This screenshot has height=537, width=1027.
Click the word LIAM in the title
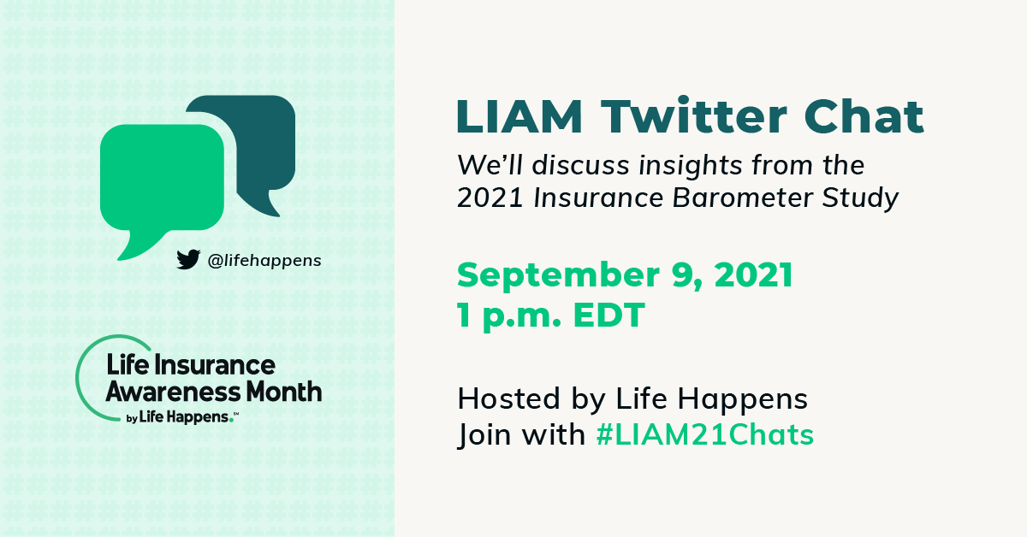(x=519, y=116)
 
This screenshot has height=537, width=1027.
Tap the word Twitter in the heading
(x=694, y=115)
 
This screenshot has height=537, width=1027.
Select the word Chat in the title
(x=864, y=115)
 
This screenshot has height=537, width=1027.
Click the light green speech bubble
(x=162, y=183)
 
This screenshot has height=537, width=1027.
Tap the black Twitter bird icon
(x=188, y=259)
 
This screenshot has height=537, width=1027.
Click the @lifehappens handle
(x=264, y=261)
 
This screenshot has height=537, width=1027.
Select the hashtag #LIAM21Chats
(x=704, y=434)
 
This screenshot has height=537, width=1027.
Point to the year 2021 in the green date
(x=754, y=275)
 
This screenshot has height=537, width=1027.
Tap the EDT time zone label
(x=608, y=316)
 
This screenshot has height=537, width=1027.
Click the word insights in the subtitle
(x=691, y=166)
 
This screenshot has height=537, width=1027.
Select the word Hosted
(x=509, y=398)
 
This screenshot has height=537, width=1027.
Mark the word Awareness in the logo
(x=173, y=392)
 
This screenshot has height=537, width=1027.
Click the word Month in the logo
(x=284, y=392)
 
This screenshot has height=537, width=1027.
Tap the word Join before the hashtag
(x=484, y=434)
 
